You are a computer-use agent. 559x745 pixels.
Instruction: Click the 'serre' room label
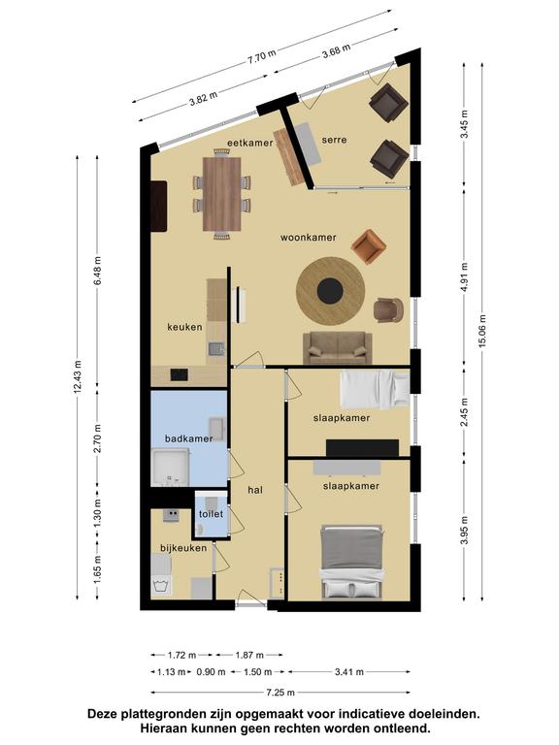(x=334, y=140)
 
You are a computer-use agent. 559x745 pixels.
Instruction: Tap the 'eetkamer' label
(x=249, y=143)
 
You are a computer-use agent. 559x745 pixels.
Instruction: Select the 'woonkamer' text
(x=308, y=237)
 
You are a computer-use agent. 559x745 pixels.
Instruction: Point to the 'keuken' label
(x=184, y=327)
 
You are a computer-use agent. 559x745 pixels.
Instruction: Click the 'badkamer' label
(x=188, y=438)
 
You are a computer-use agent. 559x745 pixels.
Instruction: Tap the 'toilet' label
(x=211, y=514)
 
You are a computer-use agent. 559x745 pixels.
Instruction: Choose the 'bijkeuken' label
(x=183, y=548)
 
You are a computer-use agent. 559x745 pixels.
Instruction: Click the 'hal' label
(x=255, y=490)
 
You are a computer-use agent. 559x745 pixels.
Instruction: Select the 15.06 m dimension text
(x=482, y=331)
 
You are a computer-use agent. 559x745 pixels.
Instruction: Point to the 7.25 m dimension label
(x=280, y=693)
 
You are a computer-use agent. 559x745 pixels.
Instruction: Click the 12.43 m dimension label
(x=78, y=376)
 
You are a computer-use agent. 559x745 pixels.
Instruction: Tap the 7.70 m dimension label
(x=261, y=56)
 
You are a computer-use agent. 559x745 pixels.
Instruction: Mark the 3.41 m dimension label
(x=349, y=672)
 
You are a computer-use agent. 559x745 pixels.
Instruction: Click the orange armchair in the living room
(x=369, y=246)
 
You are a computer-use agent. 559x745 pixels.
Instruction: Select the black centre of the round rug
(x=330, y=291)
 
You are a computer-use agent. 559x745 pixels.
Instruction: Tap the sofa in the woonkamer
(x=338, y=348)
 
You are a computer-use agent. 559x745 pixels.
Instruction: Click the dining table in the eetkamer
(x=222, y=194)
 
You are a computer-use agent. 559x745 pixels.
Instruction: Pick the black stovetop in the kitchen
(x=180, y=374)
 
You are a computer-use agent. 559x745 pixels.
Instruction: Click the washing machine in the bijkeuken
(x=161, y=586)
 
